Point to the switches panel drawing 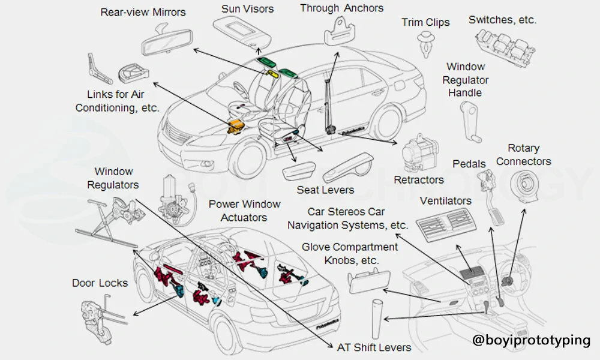point(502,44)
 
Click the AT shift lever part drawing point(378,319)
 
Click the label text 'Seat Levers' point(325,190)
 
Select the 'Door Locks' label point(100,283)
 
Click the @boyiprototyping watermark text point(531,340)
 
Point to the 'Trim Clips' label point(425,23)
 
